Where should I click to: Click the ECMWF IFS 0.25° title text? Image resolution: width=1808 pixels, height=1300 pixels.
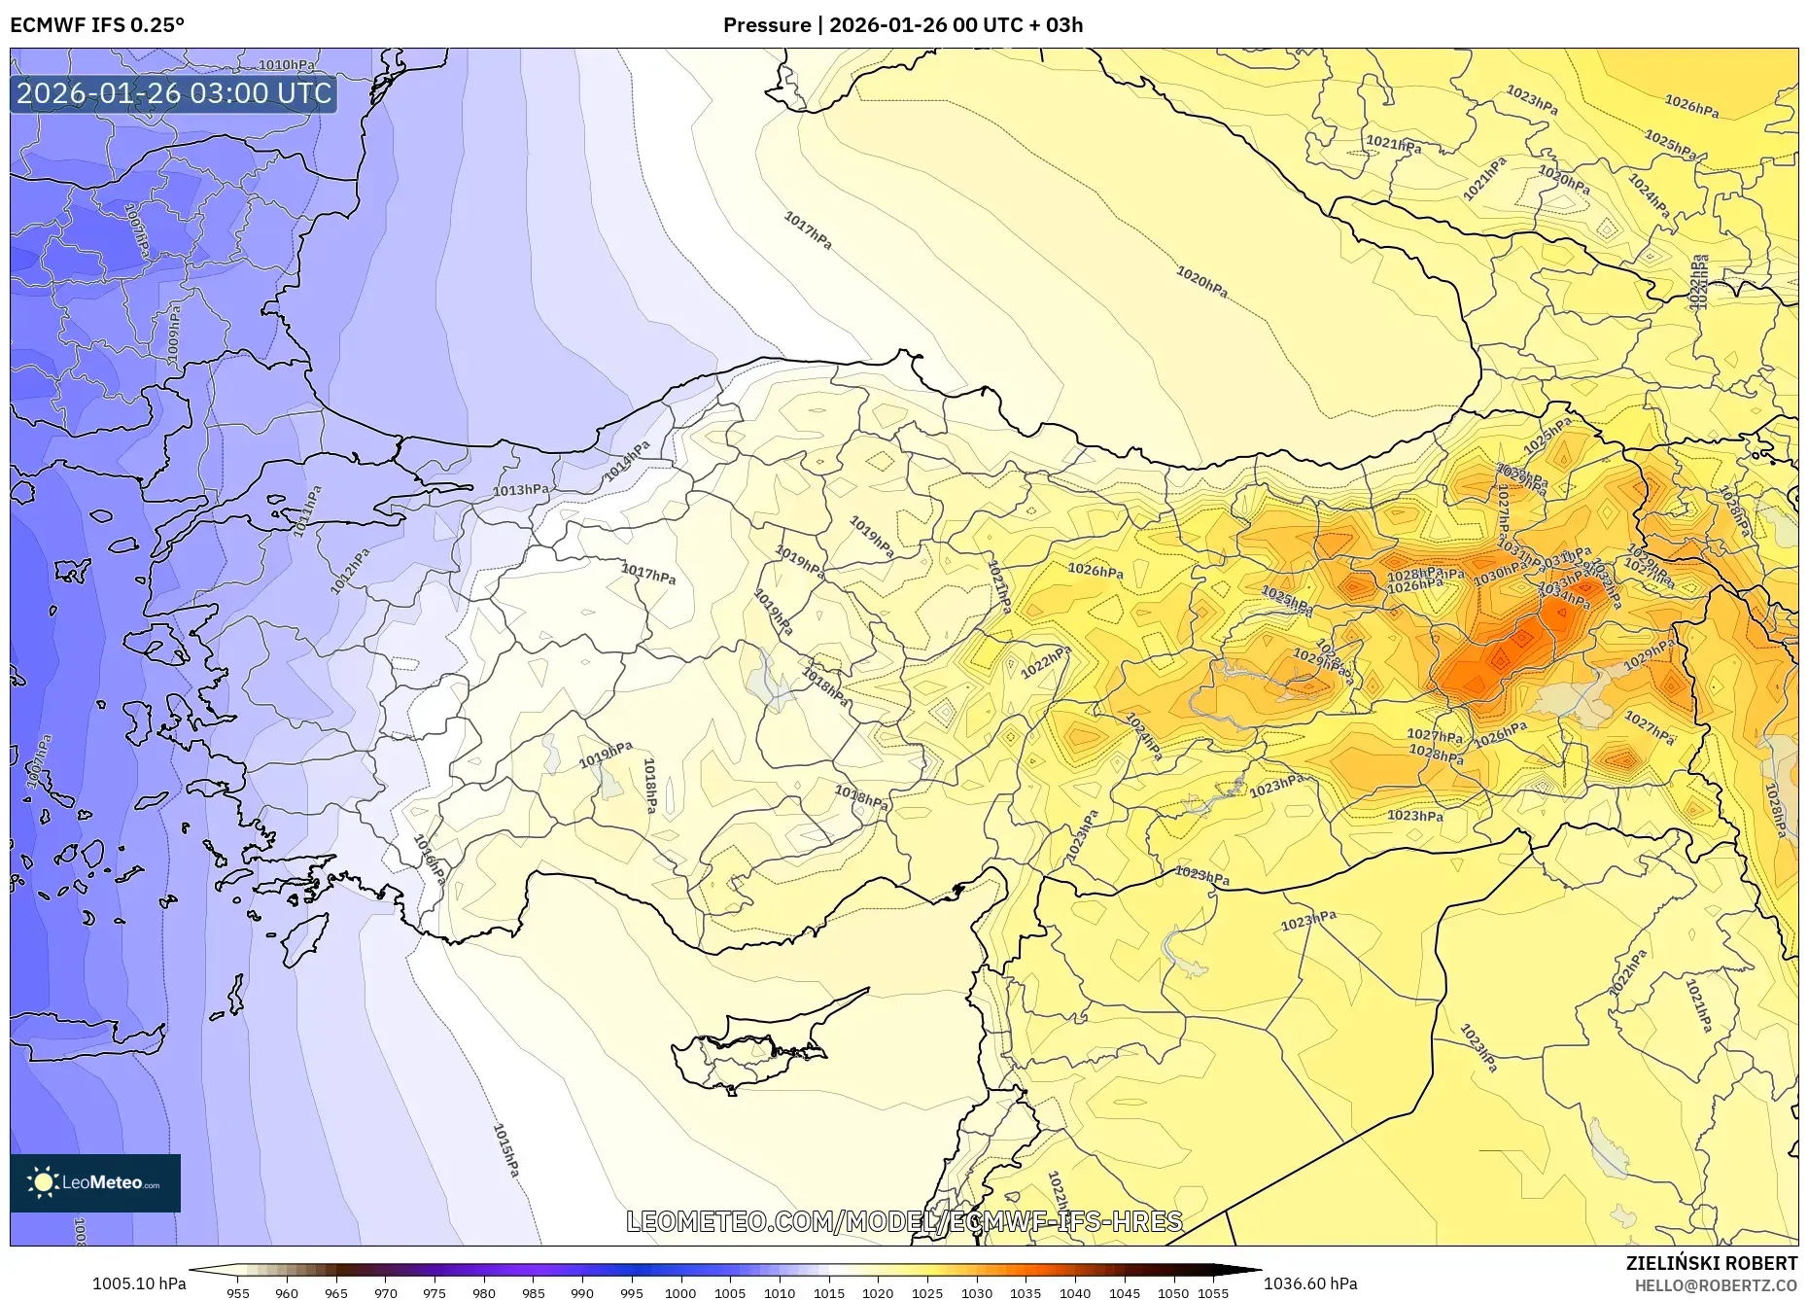click(x=97, y=25)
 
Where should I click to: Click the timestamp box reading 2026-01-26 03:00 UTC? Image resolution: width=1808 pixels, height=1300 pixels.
click(x=174, y=93)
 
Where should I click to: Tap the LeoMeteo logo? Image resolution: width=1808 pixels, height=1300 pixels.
click(x=95, y=1182)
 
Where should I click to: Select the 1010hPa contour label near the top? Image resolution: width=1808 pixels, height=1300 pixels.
click(x=287, y=65)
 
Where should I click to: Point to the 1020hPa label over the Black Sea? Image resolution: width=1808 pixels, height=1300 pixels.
click(x=1201, y=282)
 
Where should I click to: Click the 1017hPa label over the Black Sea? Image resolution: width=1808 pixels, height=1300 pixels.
click(x=808, y=230)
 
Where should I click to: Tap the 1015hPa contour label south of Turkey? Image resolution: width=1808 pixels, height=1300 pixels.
click(x=505, y=1150)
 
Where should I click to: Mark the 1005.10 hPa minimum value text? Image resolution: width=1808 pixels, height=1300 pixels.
click(x=139, y=1283)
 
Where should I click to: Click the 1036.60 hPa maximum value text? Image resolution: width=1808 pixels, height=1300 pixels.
click(x=1309, y=1283)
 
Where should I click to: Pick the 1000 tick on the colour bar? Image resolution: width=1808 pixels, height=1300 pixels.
click(x=680, y=1293)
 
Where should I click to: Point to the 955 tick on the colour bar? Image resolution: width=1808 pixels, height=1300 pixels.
click(x=238, y=1293)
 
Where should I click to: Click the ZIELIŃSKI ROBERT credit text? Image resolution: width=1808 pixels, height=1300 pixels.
click(x=1711, y=1263)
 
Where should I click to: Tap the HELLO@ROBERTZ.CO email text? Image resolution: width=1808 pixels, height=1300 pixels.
click(x=1715, y=1285)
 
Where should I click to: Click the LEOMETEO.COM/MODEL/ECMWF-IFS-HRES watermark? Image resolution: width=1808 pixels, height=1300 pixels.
click(x=904, y=1221)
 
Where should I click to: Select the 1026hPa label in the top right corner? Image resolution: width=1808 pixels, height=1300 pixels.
click(x=1691, y=106)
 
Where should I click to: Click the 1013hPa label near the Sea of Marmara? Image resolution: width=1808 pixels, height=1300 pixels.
click(x=520, y=490)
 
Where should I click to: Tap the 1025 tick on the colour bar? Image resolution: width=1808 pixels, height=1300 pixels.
click(x=927, y=1293)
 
